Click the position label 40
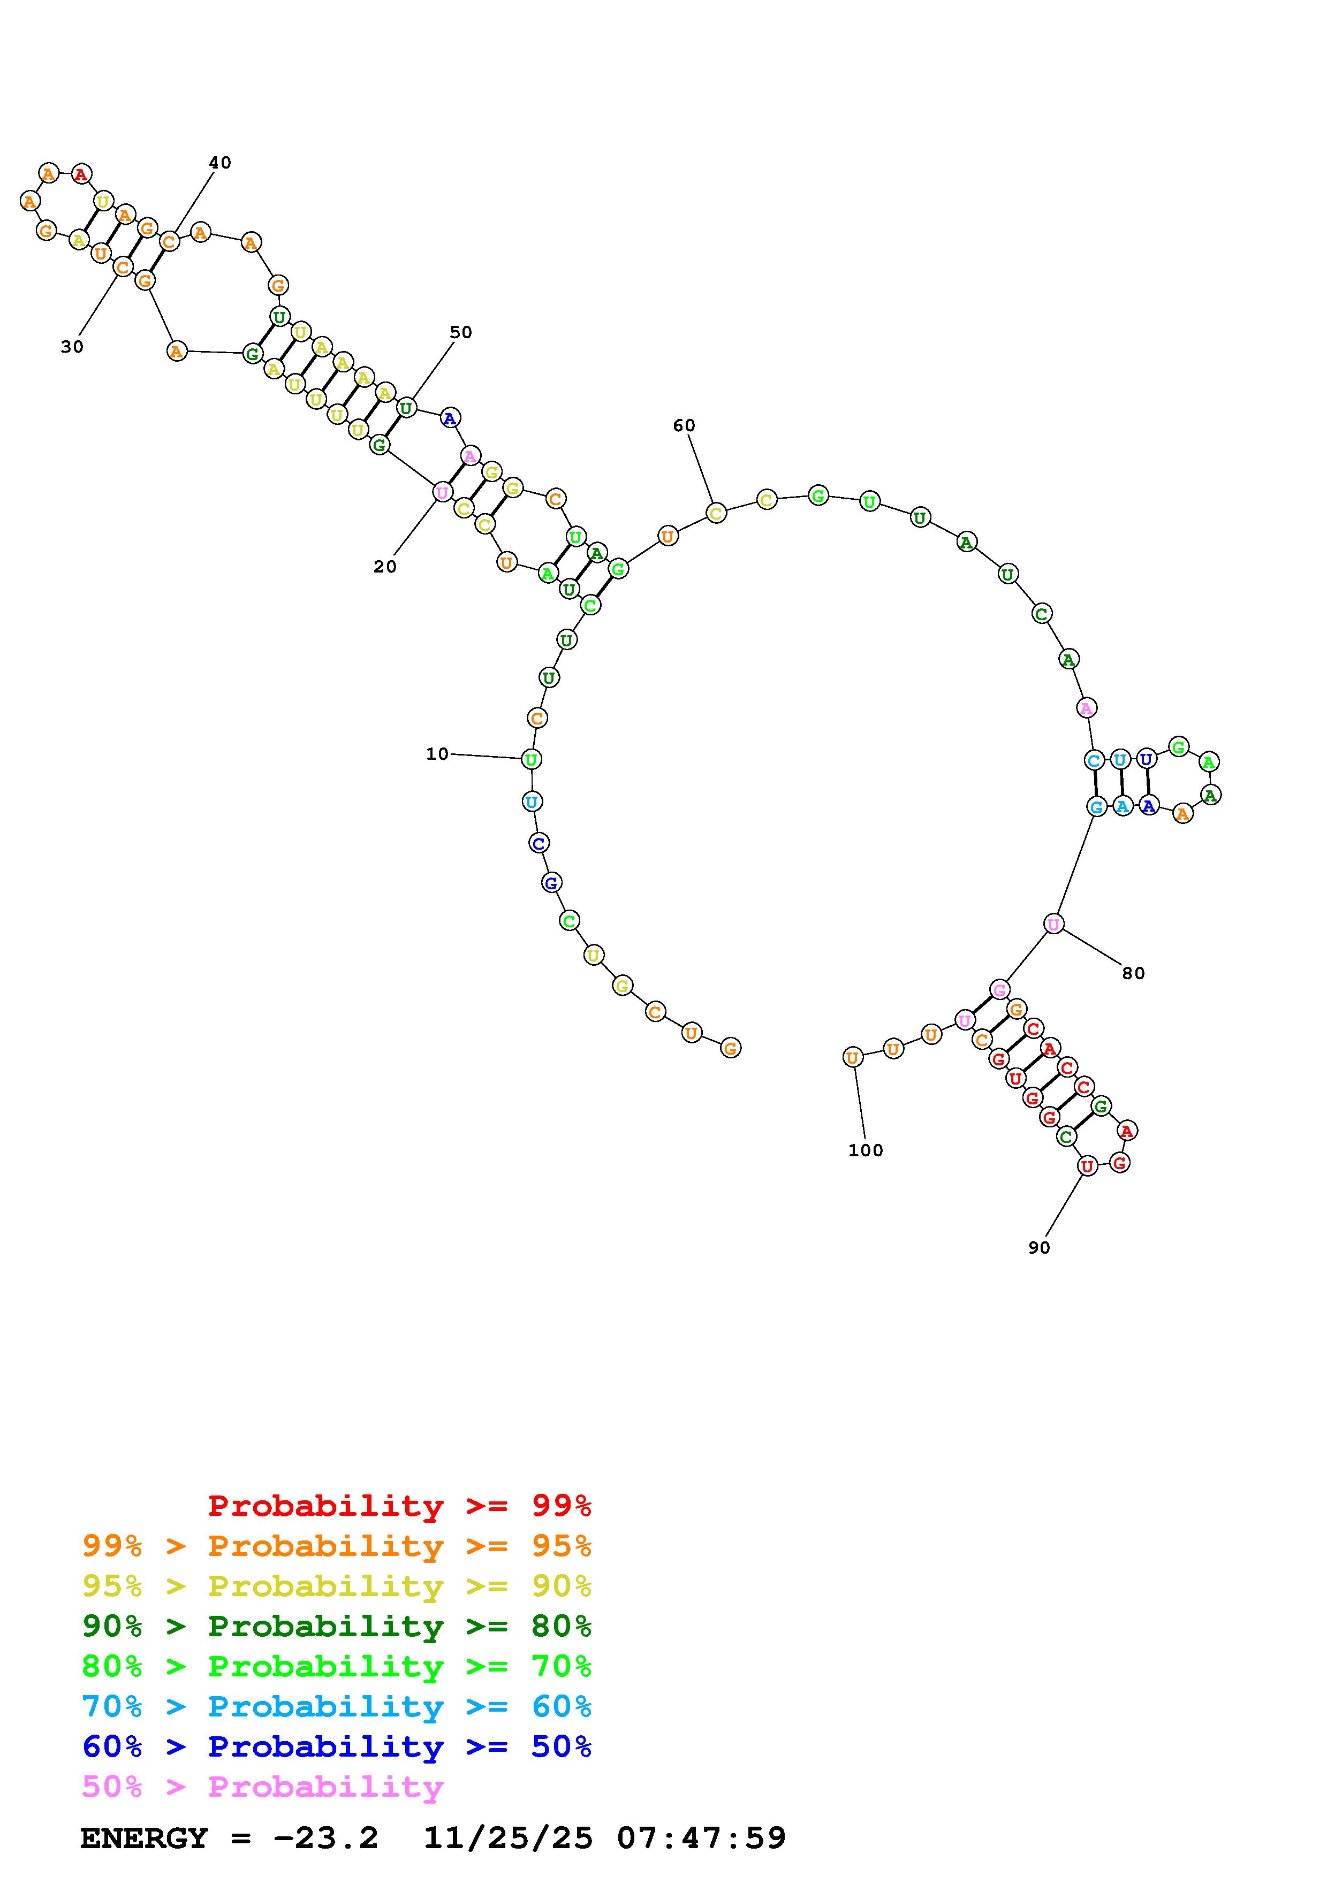(x=220, y=163)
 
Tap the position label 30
(x=72, y=347)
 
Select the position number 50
(x=461, y=332)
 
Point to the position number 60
(x=684, y=425)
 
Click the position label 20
(x=385, y=567)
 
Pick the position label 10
(x=437, y=754)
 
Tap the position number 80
(x=1133, y=973)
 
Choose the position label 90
(x=1039, y=1248)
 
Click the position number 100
(x=866, y=1150)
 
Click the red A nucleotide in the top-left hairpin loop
(x=81, y=174)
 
